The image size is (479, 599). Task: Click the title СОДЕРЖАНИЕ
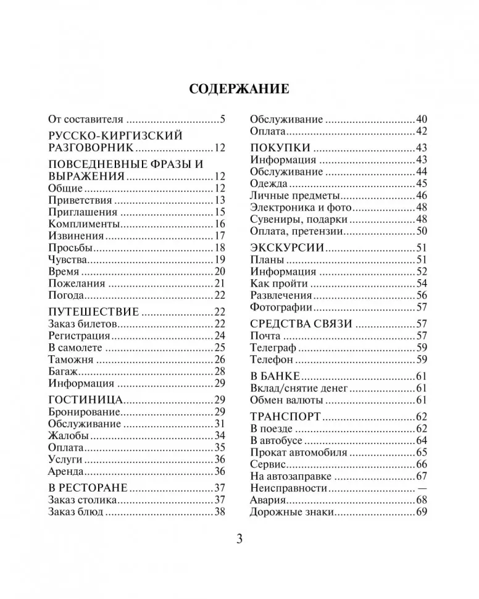(239, 88)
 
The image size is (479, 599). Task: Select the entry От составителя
(86, 120)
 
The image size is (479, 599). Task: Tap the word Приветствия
(80, 201)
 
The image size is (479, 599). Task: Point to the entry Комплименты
(83, 224)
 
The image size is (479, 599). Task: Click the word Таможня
(70, 359)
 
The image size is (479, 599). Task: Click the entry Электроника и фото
(301, 207)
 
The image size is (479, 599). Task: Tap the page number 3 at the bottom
(239, 539)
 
